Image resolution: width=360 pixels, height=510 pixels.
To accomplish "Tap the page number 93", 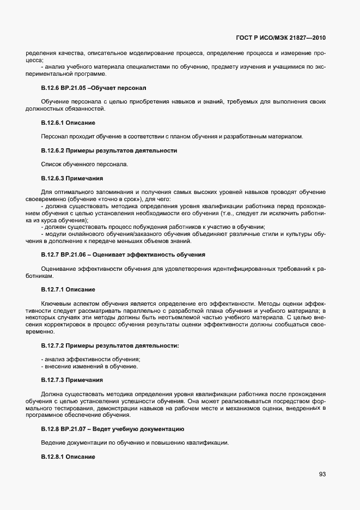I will click(322, 474).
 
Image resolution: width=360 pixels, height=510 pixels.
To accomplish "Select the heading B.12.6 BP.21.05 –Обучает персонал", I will click(94, 88).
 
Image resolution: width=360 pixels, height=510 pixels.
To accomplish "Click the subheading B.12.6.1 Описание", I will click(68, 122).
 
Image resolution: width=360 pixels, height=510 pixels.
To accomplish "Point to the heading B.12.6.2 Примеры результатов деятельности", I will click(109, 150).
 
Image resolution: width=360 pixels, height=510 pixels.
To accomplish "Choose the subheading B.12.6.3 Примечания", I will click(72, 178).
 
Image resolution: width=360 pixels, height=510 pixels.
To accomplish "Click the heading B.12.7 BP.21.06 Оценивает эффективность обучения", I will click(123, 255).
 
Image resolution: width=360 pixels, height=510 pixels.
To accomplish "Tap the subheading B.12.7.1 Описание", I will click(68, 289).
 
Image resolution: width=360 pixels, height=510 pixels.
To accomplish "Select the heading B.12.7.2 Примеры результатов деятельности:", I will click(110, 345).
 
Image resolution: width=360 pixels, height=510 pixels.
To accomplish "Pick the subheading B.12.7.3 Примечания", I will click(72, 379).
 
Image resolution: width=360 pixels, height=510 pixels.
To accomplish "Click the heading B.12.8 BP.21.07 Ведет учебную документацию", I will click(113, 429).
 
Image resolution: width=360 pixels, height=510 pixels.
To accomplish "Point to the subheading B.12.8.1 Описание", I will click(68, 457).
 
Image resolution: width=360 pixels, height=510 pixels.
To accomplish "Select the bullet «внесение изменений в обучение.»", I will click(89, 366).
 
